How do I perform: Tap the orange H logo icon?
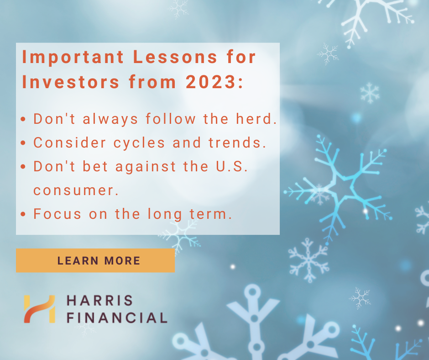[x=39, y=309]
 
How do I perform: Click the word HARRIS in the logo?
[x=99, y=301]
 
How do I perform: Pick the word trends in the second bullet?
[x=237, y=143]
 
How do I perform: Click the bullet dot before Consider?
[x=24, y=143]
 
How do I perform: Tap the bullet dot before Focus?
[x=24, y=214]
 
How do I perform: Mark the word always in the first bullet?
[x=110, y=119]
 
